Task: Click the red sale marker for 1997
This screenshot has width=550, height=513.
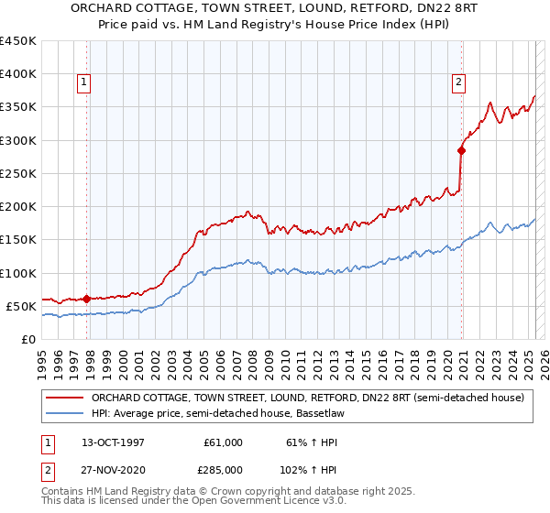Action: point(87,299)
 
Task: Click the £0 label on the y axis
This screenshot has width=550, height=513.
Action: point(29,339)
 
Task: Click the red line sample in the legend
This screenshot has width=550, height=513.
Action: point(63,398)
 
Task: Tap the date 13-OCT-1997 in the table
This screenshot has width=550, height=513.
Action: point(113,442)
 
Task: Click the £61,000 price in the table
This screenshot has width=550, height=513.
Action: point(223,442)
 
